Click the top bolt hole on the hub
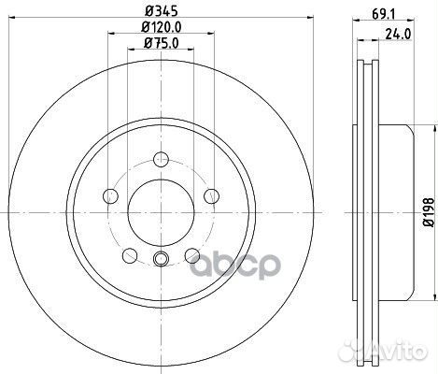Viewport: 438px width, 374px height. pos(161,160)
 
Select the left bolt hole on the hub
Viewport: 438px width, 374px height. pos(110,195)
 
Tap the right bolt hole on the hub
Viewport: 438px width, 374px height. pos(211,195)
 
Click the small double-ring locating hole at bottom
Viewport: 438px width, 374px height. pos(161,261)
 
